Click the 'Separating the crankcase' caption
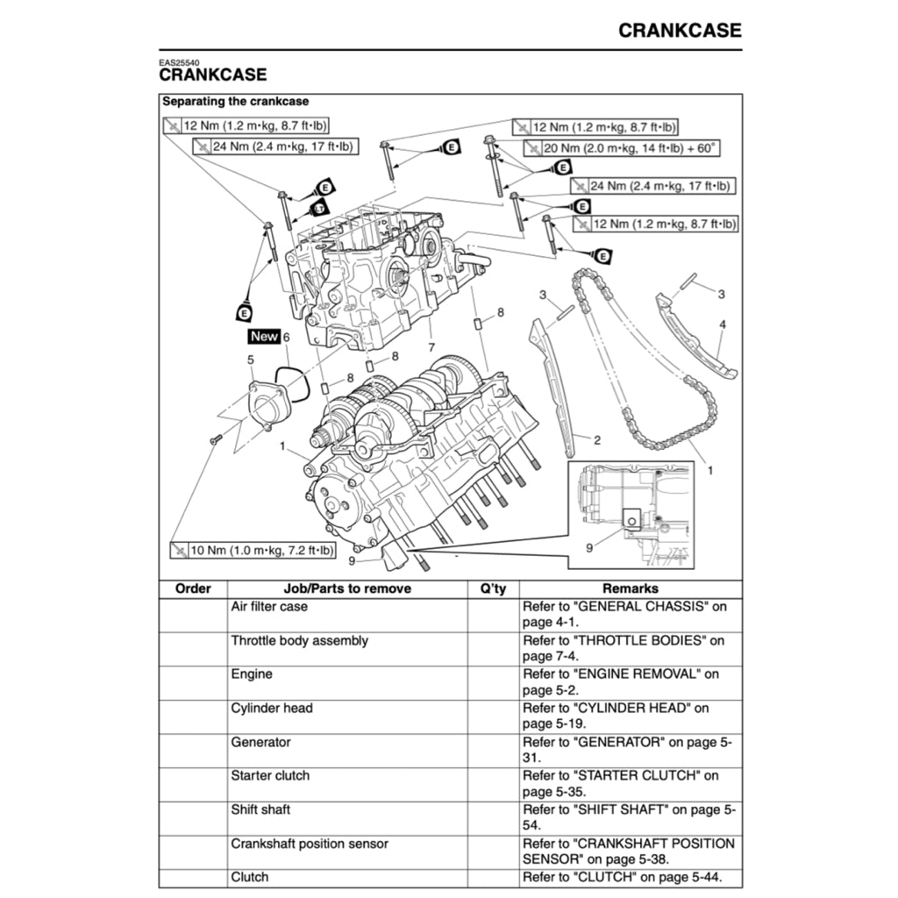236,102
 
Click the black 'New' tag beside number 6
263,336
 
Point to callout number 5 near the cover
251,360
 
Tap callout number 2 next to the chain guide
597,439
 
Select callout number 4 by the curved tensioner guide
723,324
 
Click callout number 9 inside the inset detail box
589,548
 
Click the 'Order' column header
193,588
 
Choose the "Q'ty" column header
494,588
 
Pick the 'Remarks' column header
630,588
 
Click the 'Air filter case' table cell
269,606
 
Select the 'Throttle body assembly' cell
299,640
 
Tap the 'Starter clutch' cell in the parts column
270,775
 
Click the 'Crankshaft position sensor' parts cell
310,844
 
